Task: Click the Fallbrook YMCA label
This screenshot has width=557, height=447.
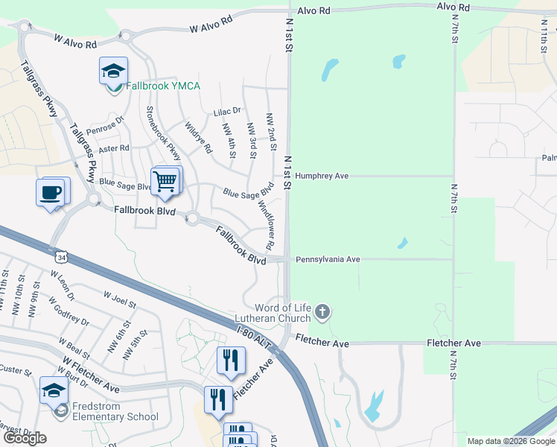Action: tap(162, 86)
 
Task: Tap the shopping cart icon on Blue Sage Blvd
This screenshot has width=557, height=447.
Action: tap(165, 180)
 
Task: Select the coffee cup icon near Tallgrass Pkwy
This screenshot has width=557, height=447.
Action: tap(51, 192)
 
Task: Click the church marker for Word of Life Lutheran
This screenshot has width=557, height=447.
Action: tap(322, 311)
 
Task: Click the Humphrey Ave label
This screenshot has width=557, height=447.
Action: tap(322, 176)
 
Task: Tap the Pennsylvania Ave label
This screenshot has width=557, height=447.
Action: tap(328, 259)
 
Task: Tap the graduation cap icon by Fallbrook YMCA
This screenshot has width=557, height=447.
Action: tap(113, 71)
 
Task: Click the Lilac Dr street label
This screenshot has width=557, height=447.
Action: tap(227, 111)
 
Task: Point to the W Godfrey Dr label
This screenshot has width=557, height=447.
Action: tap(69, 311)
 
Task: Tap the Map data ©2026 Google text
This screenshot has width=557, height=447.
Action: tap(510, 441)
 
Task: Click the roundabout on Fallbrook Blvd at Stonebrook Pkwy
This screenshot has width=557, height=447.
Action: tap(193, 218)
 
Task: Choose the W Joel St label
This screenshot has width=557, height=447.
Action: tap(120, 299)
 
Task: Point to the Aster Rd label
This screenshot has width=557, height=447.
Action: tap(114, 148)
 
